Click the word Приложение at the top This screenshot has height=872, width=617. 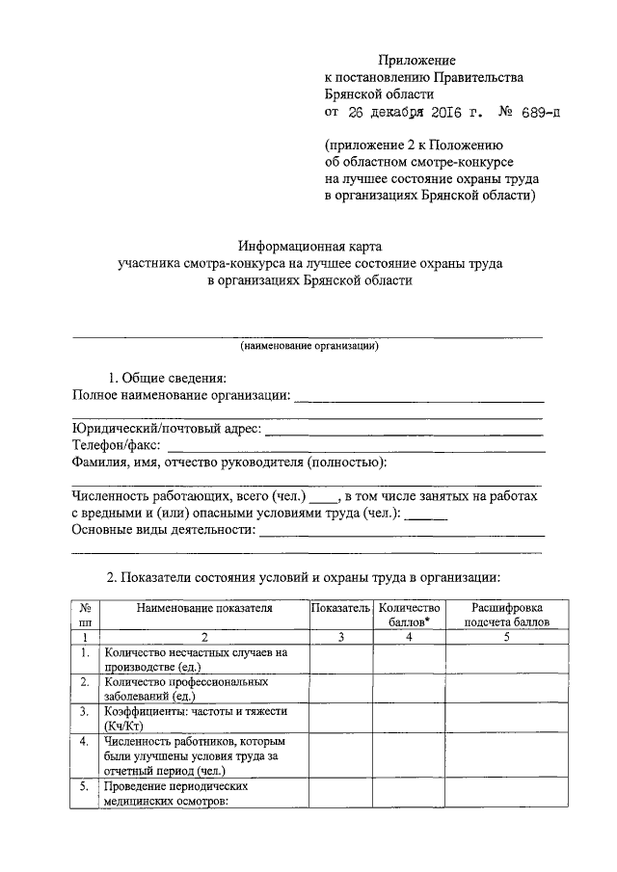[416, 61]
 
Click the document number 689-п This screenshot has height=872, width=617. [534, 113]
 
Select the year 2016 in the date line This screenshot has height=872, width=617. [453, 113]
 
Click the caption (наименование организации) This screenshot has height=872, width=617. [308, 345]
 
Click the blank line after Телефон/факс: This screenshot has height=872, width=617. [357, 448]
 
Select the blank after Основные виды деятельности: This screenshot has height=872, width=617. [401, 532]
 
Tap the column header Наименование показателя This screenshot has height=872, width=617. [204, 609]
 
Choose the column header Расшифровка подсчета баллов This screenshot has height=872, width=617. [506, 615]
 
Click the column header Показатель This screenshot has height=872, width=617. [340, 609]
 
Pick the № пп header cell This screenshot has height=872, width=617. [86, 615]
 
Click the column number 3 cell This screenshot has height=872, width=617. [340, 637]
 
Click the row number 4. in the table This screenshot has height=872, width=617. [86, 741]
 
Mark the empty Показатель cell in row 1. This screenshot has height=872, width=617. [340, 659]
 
